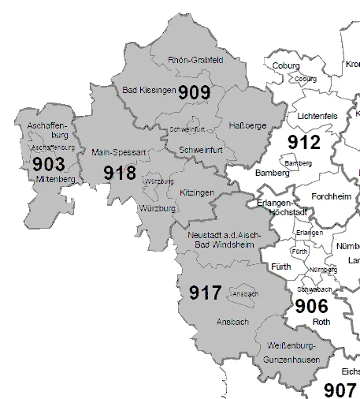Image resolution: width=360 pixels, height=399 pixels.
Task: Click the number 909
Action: coord(194,92)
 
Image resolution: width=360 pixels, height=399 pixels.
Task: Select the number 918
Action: coord(120,173)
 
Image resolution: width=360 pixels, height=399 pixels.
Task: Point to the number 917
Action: coord(206,293)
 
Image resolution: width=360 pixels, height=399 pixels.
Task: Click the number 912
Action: coord(305,143)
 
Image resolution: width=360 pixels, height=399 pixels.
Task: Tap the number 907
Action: coord(340,389)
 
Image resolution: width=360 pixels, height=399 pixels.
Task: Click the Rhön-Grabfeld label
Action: coord(196,60)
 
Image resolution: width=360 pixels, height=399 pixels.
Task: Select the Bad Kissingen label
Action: coord(148,91)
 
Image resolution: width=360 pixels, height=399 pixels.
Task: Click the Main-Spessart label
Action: coord(115,151)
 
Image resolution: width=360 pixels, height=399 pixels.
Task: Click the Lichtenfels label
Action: coord(317,116)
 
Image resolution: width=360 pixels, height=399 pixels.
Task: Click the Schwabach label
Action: coord(314,289)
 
